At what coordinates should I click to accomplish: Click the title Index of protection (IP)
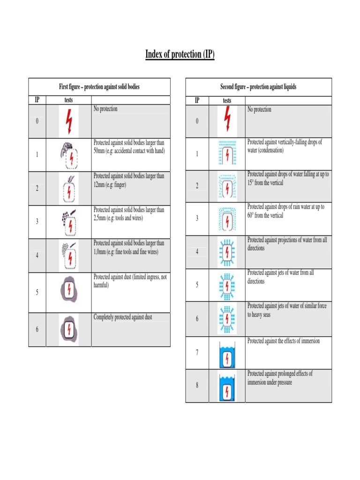point(180,54)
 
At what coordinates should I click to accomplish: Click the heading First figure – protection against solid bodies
point(99,87)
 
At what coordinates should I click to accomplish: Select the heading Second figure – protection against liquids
point(258,87)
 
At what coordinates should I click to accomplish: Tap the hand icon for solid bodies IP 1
point(69,155)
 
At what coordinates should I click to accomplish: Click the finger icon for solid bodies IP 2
point(69,189)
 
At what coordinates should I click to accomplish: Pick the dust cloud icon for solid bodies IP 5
point(69,290)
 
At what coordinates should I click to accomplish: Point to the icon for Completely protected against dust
point(69,330)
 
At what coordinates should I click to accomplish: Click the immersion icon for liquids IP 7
point(227,355)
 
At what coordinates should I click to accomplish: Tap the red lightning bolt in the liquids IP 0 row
point(227,119)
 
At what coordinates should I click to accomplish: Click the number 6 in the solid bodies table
point(37,330)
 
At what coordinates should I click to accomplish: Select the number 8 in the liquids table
point(197,385)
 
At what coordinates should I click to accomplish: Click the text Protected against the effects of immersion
point(284,341)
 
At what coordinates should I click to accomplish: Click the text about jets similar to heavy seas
point(287,310)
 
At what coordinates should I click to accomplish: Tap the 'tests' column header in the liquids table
point(227,101)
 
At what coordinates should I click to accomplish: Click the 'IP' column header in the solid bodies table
point(37,100)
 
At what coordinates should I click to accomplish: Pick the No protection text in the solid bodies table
point(105,109)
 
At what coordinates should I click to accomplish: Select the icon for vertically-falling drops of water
point(227,153)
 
